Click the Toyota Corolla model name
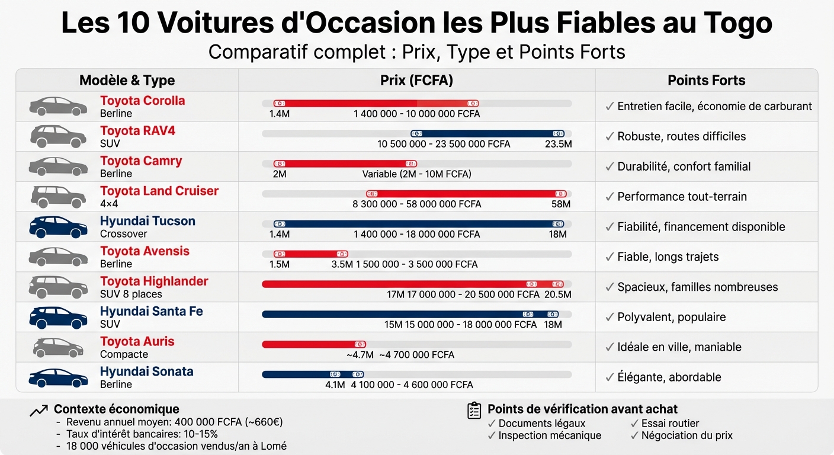coord(142,101)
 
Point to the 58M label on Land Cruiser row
coord(560,204)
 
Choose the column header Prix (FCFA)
coord(416,81)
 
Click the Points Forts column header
coord(706,81)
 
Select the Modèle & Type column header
coord(127,81)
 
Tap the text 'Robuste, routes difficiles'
coord(681,136)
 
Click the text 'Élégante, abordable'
coord(669,377)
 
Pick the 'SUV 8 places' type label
coord(131,294)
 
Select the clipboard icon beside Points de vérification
coord(474,411)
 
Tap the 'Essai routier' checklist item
coord(670,424)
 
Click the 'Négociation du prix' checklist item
coord(687,436)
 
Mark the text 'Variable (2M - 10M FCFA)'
coord(416,174)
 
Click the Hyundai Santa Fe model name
coord(151,312)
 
